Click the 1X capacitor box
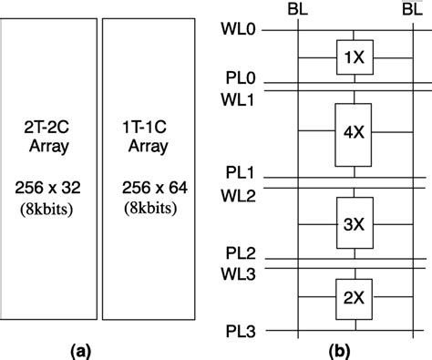tap(351, 57)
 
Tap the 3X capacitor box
tap(351, 221)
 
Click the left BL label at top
tap(297, 8)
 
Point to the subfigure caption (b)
tap(346, 348)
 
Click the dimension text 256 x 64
tap(149, 189)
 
